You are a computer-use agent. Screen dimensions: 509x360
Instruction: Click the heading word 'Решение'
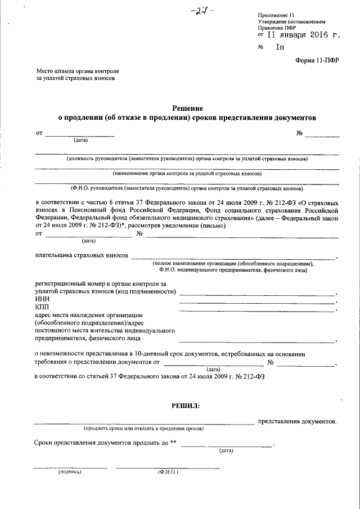[187, 108]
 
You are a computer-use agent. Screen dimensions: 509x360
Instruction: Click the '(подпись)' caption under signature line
[70, 472]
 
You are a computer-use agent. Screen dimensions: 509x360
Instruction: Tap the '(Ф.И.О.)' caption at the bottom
[168, 472]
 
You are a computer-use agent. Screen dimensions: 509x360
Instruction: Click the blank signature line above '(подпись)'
[70, 467]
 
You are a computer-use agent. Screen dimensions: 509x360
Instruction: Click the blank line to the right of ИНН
[256, 302]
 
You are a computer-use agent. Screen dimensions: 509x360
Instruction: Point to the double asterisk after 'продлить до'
[174, 442]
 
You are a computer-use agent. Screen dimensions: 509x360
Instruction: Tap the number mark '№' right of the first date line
[299, 133]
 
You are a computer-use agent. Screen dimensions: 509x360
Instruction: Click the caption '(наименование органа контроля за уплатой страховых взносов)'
[187, 174]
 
